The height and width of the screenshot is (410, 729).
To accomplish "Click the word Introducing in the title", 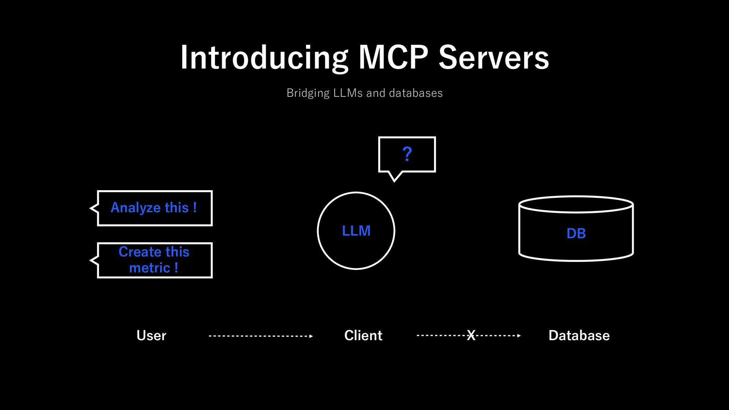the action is pos(264,58).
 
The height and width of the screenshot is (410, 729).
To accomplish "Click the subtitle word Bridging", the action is pos(308,93).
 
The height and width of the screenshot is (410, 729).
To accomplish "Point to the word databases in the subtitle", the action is pos(416,93).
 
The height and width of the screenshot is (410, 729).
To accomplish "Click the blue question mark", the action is pos(407,154).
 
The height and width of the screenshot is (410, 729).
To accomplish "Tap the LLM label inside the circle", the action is pos(356,231).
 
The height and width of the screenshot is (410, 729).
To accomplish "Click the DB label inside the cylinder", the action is pos(576,233).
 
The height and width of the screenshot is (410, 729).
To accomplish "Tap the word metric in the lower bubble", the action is pos(150,268).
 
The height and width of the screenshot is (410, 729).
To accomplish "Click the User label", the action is pos(151,336).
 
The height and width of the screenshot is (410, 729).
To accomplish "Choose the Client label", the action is pos(363,336).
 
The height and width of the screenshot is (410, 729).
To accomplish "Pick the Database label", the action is pos(579,336).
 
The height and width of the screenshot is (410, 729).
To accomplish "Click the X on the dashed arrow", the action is pos(471,335).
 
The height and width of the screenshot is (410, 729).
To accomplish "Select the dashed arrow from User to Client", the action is pos(261,336).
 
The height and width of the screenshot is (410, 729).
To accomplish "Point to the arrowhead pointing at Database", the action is pos(519,336).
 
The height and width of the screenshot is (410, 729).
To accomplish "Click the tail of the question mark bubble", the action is pos(394,178).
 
